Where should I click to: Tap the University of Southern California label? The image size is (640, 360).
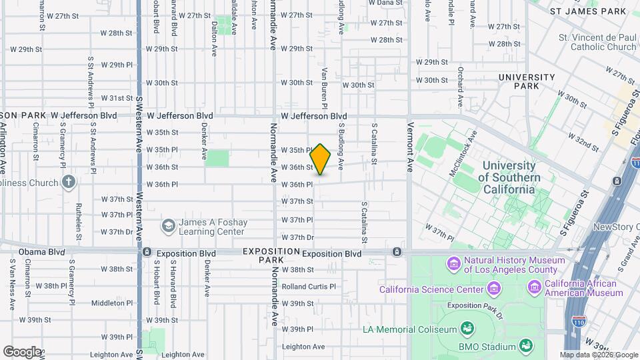tap(509, 177)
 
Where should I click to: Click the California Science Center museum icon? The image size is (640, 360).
tap(493, 289)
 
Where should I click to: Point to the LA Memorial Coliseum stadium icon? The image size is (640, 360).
tap(467, 329)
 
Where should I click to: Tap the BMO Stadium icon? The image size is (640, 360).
tap(525, 345)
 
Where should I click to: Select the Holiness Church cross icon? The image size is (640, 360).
tap(69, 181)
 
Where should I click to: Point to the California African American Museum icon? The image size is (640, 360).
tap(534, 287)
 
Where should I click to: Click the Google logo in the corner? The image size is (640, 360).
tap(21, 351)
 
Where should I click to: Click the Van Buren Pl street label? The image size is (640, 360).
tap(325, 87)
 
